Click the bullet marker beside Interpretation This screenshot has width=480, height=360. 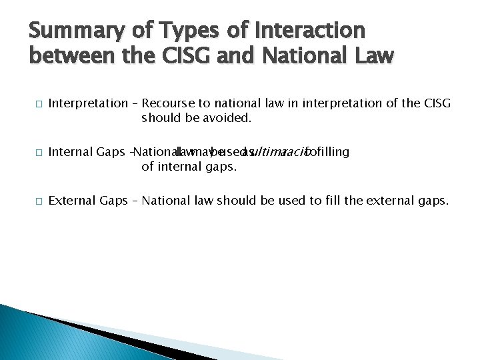coord(39,104)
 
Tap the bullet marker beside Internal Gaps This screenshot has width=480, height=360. coord(39,153)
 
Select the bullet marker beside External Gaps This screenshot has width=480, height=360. coord(39,201)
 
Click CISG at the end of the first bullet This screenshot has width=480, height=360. coord(436,103)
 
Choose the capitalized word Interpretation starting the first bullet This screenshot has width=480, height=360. coord(87,103)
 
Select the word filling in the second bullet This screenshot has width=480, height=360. coord(333,152)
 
